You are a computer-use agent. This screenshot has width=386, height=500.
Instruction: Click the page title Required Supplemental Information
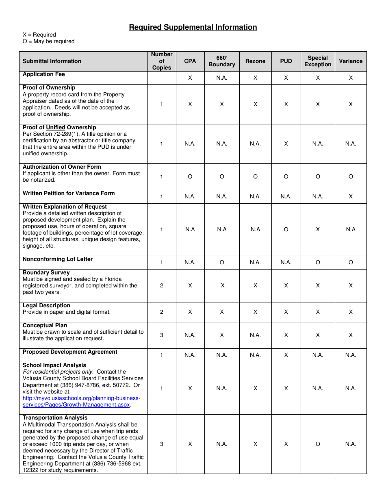(193, 27)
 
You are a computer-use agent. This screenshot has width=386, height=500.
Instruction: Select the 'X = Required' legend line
(39, 35)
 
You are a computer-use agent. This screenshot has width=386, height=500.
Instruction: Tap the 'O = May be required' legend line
(49, 41)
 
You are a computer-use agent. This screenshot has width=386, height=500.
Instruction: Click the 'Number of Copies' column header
(162, 61)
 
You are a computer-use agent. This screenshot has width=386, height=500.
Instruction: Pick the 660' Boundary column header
(222, 61)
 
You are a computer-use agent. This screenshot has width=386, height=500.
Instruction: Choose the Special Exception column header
(318, 61)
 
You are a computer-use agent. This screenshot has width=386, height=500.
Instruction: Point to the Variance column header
(351, 61)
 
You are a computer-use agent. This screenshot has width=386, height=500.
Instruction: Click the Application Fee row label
(44, 74)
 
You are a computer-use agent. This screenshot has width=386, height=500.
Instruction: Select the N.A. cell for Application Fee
(222, 78)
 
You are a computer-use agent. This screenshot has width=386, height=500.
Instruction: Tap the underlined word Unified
(56, 128)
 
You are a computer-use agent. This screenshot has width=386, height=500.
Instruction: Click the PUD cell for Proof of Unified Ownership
(286, 143)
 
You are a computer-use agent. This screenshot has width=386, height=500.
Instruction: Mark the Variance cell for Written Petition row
(351, 196)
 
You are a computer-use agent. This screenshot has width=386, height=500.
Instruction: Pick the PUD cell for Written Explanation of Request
(286, 229)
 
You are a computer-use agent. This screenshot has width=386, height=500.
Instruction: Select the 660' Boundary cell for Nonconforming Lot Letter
(222, 262)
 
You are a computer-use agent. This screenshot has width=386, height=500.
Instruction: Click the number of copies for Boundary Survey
(162, 285)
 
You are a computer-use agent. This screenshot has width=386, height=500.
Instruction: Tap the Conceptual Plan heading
(45, 326)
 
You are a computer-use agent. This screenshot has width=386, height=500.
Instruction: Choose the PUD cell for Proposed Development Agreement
(286, 355)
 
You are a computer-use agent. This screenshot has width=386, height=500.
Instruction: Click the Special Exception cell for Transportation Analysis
(318, 444)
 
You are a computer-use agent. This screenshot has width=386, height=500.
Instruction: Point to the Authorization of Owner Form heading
(62, 167)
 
